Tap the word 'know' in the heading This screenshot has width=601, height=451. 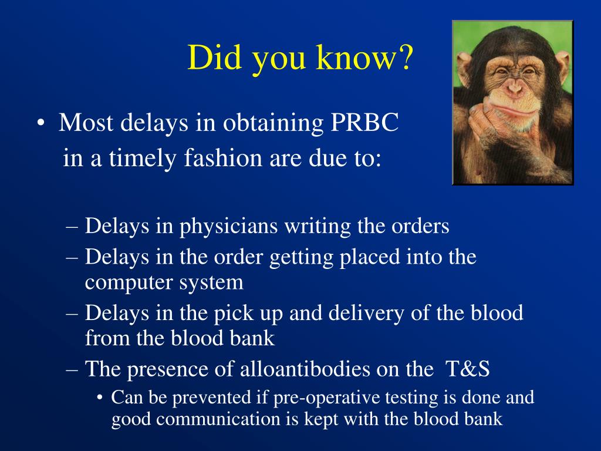(x=354, y=57)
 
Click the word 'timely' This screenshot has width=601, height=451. (x=143, y=159)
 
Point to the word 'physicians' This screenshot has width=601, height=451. (x=228, y=227)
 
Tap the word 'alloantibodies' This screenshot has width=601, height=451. (x=305, y=369)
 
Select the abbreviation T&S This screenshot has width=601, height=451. (x=468, y=369)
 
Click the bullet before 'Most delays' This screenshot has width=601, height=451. (x=40, y=123)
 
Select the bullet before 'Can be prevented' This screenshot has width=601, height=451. (x=100, y=398)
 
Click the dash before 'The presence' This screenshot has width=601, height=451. (x=72, y=370)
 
